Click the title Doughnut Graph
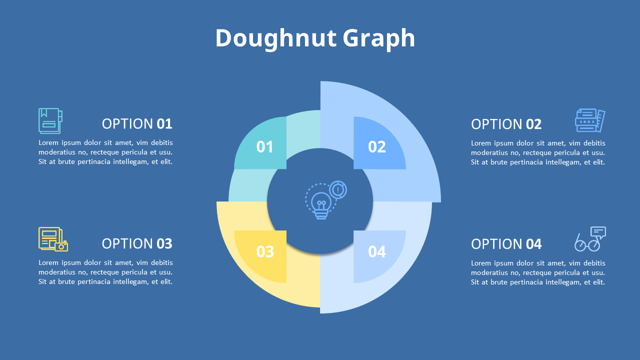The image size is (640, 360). pyautogui.click(x=315, y=38)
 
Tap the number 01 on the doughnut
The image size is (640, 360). pyautogui.click(x=265, y=146)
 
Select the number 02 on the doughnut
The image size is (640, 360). pyautogui.click(x=377, y=146)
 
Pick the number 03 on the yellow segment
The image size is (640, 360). pyautogui.click(x=265, y=251)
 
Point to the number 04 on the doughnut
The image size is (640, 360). pyautogui.click(x=377, y=251)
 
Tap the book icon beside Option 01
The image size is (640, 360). pyautogui.click(x=50, y=121)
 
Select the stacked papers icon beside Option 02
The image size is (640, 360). pyautogui.click(x=590, y=120)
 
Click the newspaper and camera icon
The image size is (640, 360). pyautogui.click(x=53, y=239)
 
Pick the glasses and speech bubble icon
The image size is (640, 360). pyautogui.click(x=590, y=239)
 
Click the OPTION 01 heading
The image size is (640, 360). pyautogui.click(x=137, y=124)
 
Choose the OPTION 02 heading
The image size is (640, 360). pyautogui.click(x=506, y=124)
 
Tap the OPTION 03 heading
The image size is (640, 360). pyautogui.click(x=137, y=243)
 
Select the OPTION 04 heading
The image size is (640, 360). pyautogui.click(x=506, y=244)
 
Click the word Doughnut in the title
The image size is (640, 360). pyautogui.click(x=275, y=38)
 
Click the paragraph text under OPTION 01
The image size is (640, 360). pyautogui.click(x=105, y=152)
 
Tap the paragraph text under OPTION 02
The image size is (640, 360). pyautogui.click(x=538, y=152)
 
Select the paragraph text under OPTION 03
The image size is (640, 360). pyautogui.click(x=105, y=272)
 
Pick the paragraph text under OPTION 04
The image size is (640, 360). pyautogui.click(x=538, y=272)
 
